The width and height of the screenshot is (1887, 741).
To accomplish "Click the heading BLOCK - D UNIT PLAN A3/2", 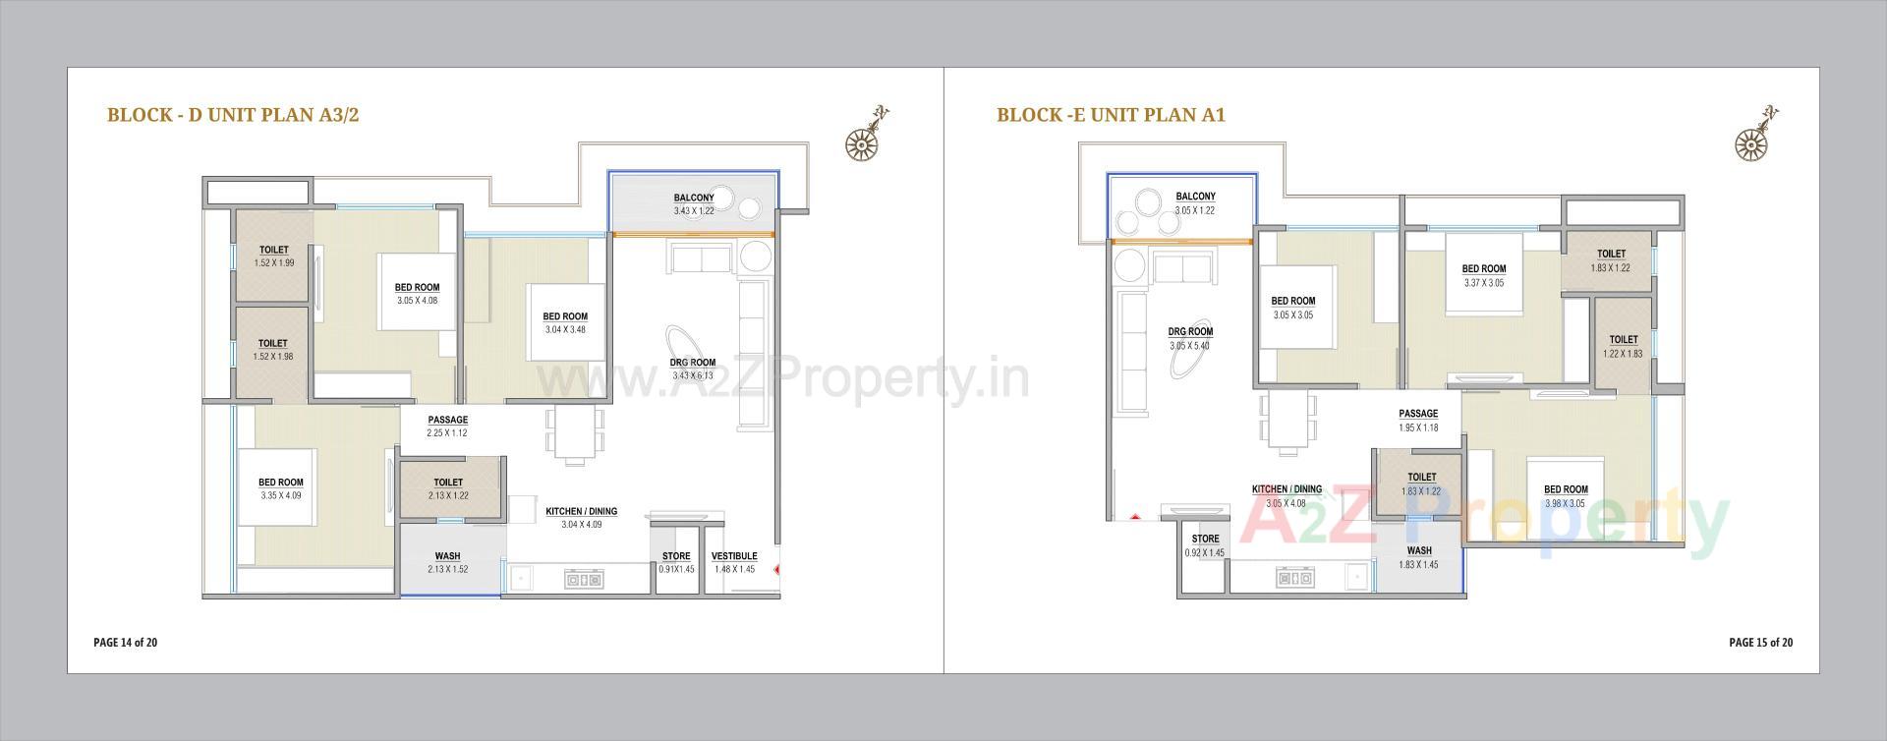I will pos(233,115).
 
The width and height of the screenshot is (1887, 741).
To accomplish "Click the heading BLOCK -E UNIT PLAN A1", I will pos(1111,115).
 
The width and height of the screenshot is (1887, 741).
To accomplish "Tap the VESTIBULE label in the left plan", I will pos(733,556).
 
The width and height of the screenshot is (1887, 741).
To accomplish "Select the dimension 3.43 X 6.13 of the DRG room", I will pos(692,375).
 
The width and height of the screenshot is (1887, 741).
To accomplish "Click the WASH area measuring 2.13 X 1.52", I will pos(447,563).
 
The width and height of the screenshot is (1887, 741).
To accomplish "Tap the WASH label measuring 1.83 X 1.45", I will pos(1418,557).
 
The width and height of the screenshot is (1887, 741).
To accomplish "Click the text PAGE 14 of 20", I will pos(125,643).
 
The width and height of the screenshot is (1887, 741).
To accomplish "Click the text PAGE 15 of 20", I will pos(1760,643).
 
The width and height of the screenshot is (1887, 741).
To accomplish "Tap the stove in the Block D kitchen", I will pos(583,580).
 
